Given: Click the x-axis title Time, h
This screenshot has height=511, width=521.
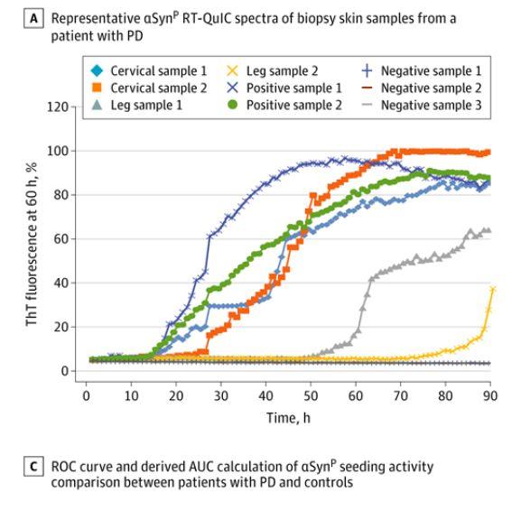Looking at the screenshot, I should click(x=287, y=413).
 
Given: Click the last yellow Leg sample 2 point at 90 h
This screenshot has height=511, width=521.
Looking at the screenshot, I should click(x=493, y=289).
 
